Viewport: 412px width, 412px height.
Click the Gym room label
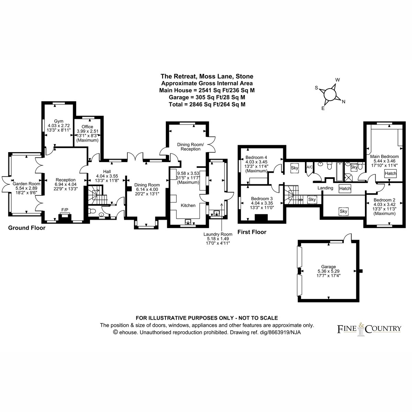coord(59,121)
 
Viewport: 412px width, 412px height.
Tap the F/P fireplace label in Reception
coord(65,210)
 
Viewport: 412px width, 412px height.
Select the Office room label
coord(88,127)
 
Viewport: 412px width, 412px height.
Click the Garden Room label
coord(26,184)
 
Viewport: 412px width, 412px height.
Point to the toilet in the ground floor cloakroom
coord(92,211)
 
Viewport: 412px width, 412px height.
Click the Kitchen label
coord(188,205)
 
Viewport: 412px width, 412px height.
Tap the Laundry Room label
coord(218,234)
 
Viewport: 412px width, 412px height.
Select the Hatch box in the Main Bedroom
coord(390,173)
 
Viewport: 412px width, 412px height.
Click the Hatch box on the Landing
coord(345,188)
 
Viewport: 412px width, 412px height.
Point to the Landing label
coord(325,188)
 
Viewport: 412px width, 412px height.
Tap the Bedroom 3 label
coord(262,198)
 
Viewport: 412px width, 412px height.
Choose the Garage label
coord(329,267)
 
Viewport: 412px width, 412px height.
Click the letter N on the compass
coord(344,102)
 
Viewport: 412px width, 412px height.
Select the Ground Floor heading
coord(27,228)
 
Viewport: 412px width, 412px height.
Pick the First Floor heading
coord(252,232)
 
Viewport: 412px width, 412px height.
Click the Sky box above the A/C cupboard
coord(294,168)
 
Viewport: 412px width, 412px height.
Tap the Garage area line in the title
coord(207,97)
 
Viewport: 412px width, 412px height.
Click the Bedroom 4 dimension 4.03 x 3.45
coord(256,162)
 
